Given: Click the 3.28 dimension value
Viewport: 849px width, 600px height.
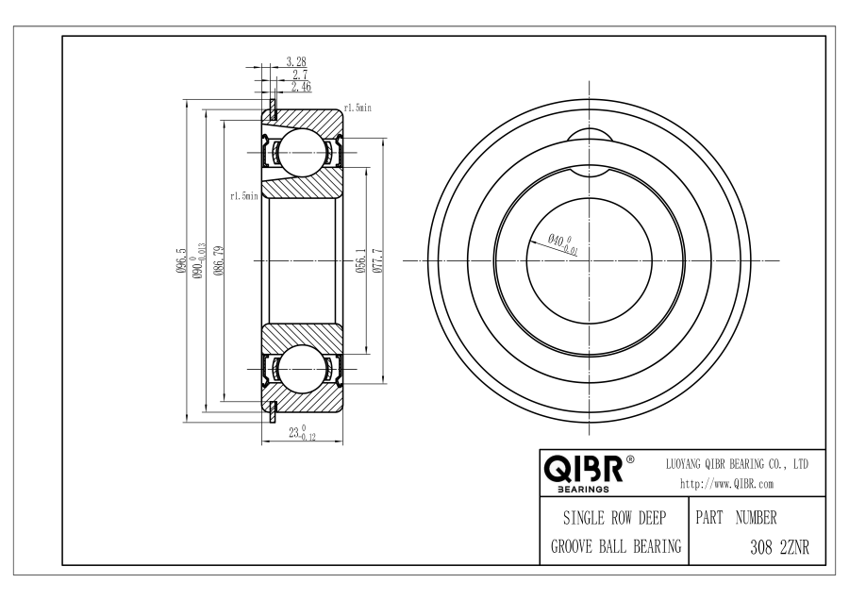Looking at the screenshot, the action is (x=296, y=61).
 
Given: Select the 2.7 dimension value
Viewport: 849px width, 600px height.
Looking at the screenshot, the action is (x=300, y=75).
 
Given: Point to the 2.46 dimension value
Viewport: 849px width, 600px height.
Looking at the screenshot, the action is (x=301, y=87).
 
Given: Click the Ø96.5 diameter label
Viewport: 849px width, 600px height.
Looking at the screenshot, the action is (x=181, y=260).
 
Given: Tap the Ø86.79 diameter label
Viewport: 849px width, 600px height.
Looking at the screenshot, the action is (x=218, y=260).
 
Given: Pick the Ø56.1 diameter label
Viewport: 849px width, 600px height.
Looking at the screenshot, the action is (x=361, y=260).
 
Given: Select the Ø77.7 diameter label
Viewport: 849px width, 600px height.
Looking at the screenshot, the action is (x=378, y=260).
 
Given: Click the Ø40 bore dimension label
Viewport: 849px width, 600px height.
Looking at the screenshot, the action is (x=562, y=244).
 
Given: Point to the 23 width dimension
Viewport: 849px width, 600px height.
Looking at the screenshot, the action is (x=302, y=433).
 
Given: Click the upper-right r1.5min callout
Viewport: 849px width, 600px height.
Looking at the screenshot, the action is (x=358, y=108).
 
